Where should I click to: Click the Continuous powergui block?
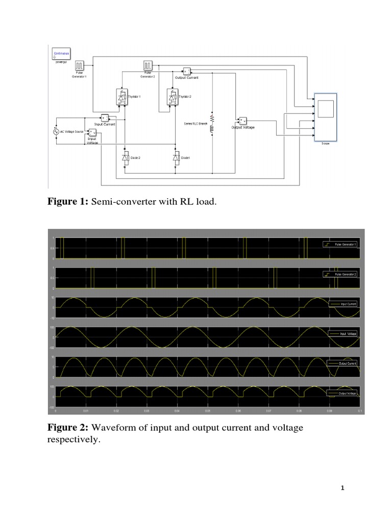click(61, 55)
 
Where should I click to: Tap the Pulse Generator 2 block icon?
click(148, 66)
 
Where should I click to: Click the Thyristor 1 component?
click(122, 97)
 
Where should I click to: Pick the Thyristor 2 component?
click(172, 97)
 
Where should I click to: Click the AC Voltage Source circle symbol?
click(56, 131)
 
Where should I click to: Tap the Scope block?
click(325, 117)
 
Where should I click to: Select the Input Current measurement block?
click(105, 117)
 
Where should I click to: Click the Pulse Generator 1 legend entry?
click(340, 245)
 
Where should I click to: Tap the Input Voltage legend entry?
click(341, 334)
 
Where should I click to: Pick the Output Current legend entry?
click(341, 363)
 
